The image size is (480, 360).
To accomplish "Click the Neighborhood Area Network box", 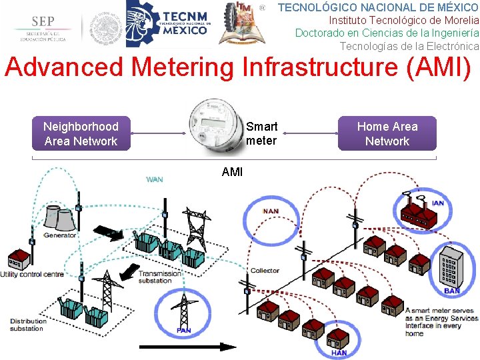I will (81, 133).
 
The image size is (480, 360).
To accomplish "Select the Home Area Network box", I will (387, 133).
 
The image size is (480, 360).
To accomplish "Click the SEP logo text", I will (42, 22).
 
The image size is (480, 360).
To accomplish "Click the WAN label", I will (155, 179).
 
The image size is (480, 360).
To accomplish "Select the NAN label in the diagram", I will (271, 211).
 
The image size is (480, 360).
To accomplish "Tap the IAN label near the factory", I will (438, 203).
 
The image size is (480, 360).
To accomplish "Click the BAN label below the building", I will (451, 291).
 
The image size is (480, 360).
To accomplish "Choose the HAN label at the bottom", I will (339, 353).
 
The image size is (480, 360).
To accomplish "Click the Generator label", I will (60, 235).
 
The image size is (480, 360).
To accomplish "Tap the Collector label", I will (265, 271).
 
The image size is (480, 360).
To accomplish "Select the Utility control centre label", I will (32, 274).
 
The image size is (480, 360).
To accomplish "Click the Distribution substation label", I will (27, 325).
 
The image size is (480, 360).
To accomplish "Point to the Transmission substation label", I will (159, 277).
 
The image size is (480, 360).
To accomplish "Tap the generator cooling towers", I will (58, 216).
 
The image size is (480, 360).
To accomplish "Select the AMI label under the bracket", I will (232, 172).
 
